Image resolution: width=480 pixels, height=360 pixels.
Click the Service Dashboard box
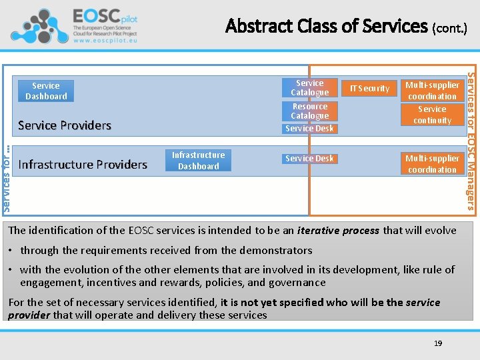tap(46, 91)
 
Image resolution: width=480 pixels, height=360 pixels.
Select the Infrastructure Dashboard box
tap(199, 161)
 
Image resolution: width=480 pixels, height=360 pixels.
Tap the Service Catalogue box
tap(310, 87)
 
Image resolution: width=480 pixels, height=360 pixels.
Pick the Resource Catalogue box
tap(310, 111)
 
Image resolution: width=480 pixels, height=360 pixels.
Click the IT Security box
tap(369, 88)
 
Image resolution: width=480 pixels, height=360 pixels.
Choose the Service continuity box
tap(432, 115)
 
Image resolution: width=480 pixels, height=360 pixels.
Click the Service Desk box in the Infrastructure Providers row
tap(309, 159)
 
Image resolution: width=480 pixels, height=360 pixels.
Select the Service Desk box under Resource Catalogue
tap(309, 128)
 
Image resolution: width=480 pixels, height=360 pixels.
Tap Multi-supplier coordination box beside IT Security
tap(432, 91)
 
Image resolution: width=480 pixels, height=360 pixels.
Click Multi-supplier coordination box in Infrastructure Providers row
tap(432, 164)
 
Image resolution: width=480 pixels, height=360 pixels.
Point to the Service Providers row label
tap(65, 125)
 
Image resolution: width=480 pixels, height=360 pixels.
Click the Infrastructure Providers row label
tap(83, 165)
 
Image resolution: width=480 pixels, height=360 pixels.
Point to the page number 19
tap(438, 343)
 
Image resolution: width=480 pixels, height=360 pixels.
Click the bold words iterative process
tap(338, 231)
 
